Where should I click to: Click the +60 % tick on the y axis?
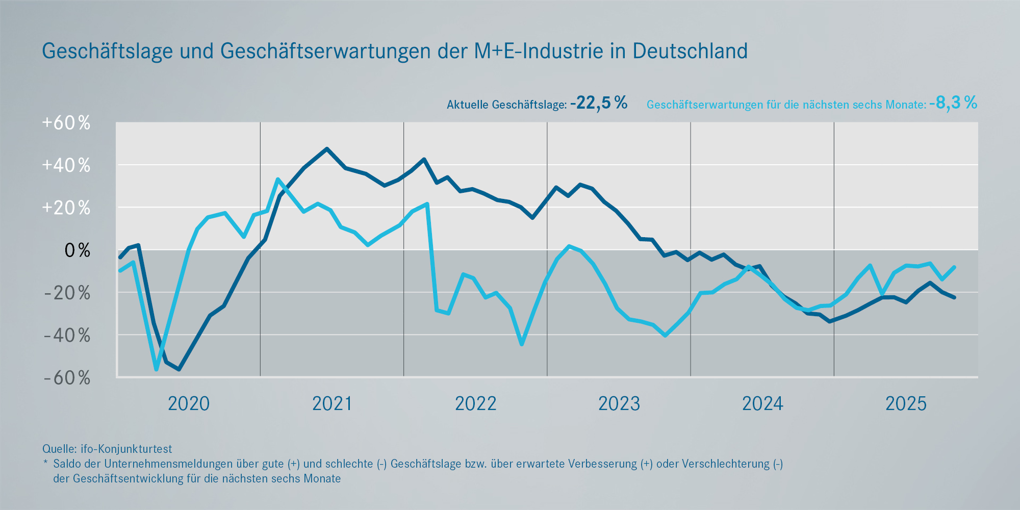(66, 123)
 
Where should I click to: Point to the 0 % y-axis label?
(77, 250)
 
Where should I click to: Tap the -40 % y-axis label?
(67, 336)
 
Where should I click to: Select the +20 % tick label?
(66, 208)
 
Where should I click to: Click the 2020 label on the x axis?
(189, 404)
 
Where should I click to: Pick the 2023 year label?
(619, 404)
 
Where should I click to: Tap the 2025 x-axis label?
(906, 404)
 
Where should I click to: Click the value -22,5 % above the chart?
(599, 103)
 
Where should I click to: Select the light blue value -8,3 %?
(953, 103)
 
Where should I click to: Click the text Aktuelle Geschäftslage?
(506, 105)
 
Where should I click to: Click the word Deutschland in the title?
(690, 51)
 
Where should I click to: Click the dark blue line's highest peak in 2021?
(327, 149)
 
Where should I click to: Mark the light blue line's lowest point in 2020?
(156, 369)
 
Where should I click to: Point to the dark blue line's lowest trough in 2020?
(178, 369)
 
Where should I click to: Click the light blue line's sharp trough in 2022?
(522, 344)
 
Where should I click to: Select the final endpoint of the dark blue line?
(954, 297)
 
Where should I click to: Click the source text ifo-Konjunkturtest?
(126, 449)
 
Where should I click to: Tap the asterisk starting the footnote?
(45, 463)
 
